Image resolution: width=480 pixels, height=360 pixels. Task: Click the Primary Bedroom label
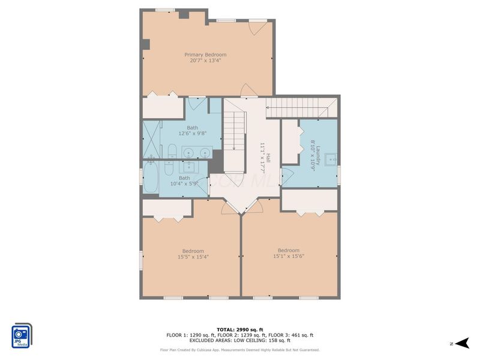[x=205, y=55]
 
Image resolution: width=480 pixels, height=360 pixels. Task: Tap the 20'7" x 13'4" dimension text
[x=205, y=61]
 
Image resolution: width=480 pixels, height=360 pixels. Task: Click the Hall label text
[x=268, y=158]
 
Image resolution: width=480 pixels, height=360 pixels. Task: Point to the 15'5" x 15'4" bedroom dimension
[x=193, y=257]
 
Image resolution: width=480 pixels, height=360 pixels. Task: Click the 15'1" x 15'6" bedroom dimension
[x=289, y=256]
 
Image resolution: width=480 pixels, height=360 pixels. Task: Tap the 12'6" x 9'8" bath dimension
[x=193, y=133]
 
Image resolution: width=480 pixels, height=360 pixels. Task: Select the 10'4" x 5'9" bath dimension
[x=184, y=184]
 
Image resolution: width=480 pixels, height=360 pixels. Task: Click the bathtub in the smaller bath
[x=151, y=177]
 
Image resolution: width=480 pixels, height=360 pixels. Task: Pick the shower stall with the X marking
[x=152, y=139]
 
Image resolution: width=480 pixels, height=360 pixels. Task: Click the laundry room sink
[x=331, y=160]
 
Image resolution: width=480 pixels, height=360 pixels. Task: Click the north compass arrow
[x=462, y=343]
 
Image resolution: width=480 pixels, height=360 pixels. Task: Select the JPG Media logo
[x=22, y=335]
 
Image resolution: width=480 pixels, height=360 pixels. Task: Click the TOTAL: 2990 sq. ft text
[x=240, y=329]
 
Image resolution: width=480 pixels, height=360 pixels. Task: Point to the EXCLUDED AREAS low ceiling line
[x=240, y=340]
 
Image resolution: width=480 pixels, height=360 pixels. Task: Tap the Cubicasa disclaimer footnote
[x=240, y=350]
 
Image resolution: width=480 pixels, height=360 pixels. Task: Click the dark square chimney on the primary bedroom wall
[x=145, y=44]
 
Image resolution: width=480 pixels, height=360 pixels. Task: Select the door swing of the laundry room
[x=288, y=175]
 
